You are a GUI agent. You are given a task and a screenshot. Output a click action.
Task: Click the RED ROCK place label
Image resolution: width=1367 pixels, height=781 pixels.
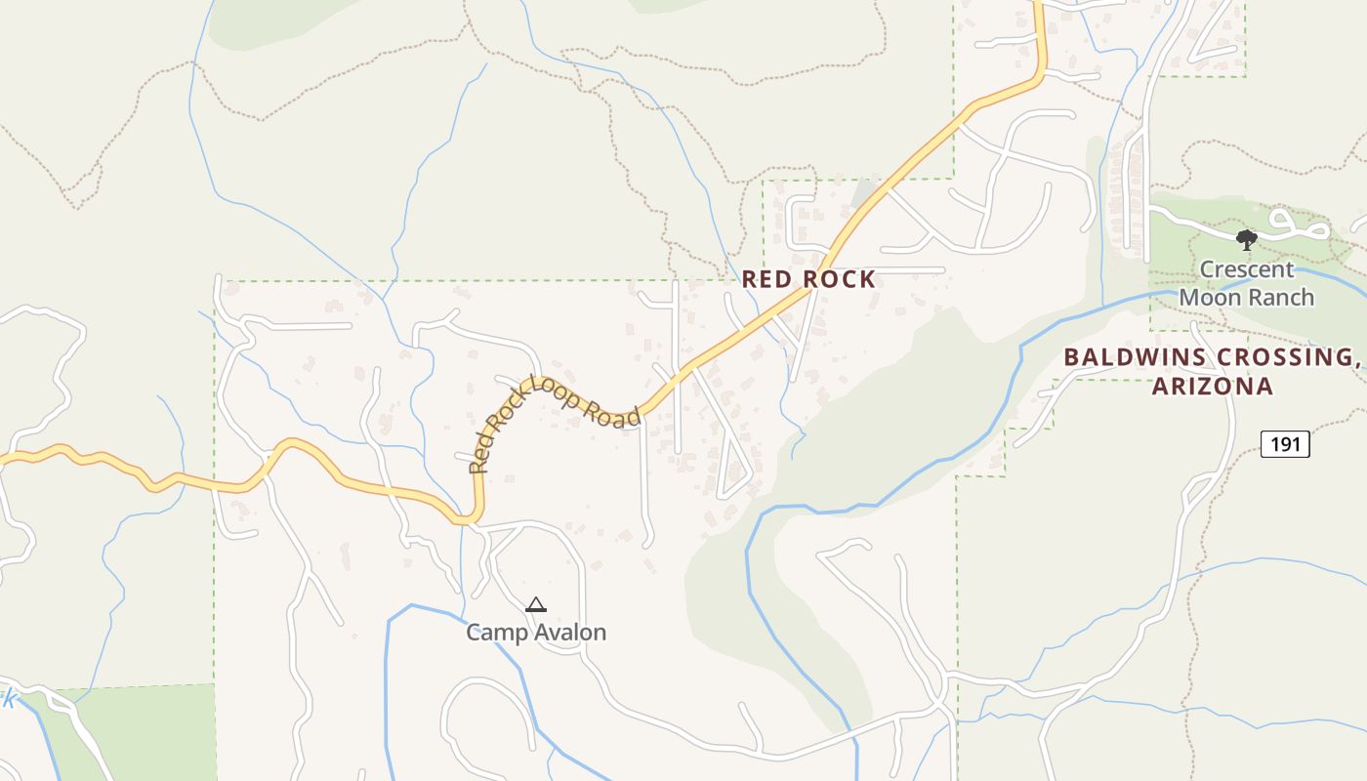point(808,279)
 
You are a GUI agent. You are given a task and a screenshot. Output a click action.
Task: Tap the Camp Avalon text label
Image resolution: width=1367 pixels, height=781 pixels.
point(536,633)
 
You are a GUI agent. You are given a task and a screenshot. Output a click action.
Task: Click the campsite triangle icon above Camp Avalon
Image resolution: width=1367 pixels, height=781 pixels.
point(535,605)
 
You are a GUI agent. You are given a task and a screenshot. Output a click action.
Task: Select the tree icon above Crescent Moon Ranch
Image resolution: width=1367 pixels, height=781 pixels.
point(1246,239)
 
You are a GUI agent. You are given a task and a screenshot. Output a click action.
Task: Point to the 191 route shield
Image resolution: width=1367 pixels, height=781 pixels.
point(1285,444)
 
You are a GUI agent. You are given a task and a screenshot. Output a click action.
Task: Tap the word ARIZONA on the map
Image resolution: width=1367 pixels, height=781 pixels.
point(1213,387)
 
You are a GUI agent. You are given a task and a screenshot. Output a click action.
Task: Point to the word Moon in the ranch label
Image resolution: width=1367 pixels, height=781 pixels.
point(1209,297)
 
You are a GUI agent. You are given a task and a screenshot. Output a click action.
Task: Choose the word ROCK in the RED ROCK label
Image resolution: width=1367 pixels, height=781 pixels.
point(839,279)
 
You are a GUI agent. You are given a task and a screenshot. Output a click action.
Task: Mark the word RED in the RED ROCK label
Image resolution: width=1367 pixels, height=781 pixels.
point(764,279)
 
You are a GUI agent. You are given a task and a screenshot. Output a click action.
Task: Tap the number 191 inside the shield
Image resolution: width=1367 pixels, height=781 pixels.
point(1285,444)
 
